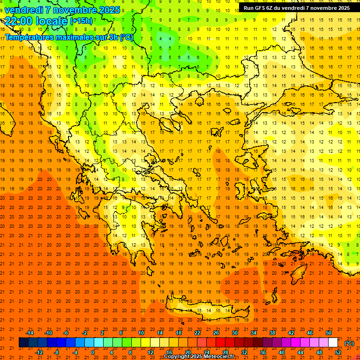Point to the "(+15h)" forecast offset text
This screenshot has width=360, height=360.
tap(81, 21)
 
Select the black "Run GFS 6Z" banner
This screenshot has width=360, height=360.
tap(297, 8)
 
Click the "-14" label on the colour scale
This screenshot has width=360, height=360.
tap(30, 333)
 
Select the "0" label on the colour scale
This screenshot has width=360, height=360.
tap(93, 352)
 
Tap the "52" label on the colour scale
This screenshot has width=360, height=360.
tap(338, 352)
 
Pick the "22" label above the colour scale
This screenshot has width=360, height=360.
tap(197, 333)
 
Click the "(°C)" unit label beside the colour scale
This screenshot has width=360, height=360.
tap(349, 343)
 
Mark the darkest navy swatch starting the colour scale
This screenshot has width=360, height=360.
tap(23, 343)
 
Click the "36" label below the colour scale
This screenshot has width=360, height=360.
tap(262, 352)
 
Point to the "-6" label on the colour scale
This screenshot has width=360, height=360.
tap(66, 333)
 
